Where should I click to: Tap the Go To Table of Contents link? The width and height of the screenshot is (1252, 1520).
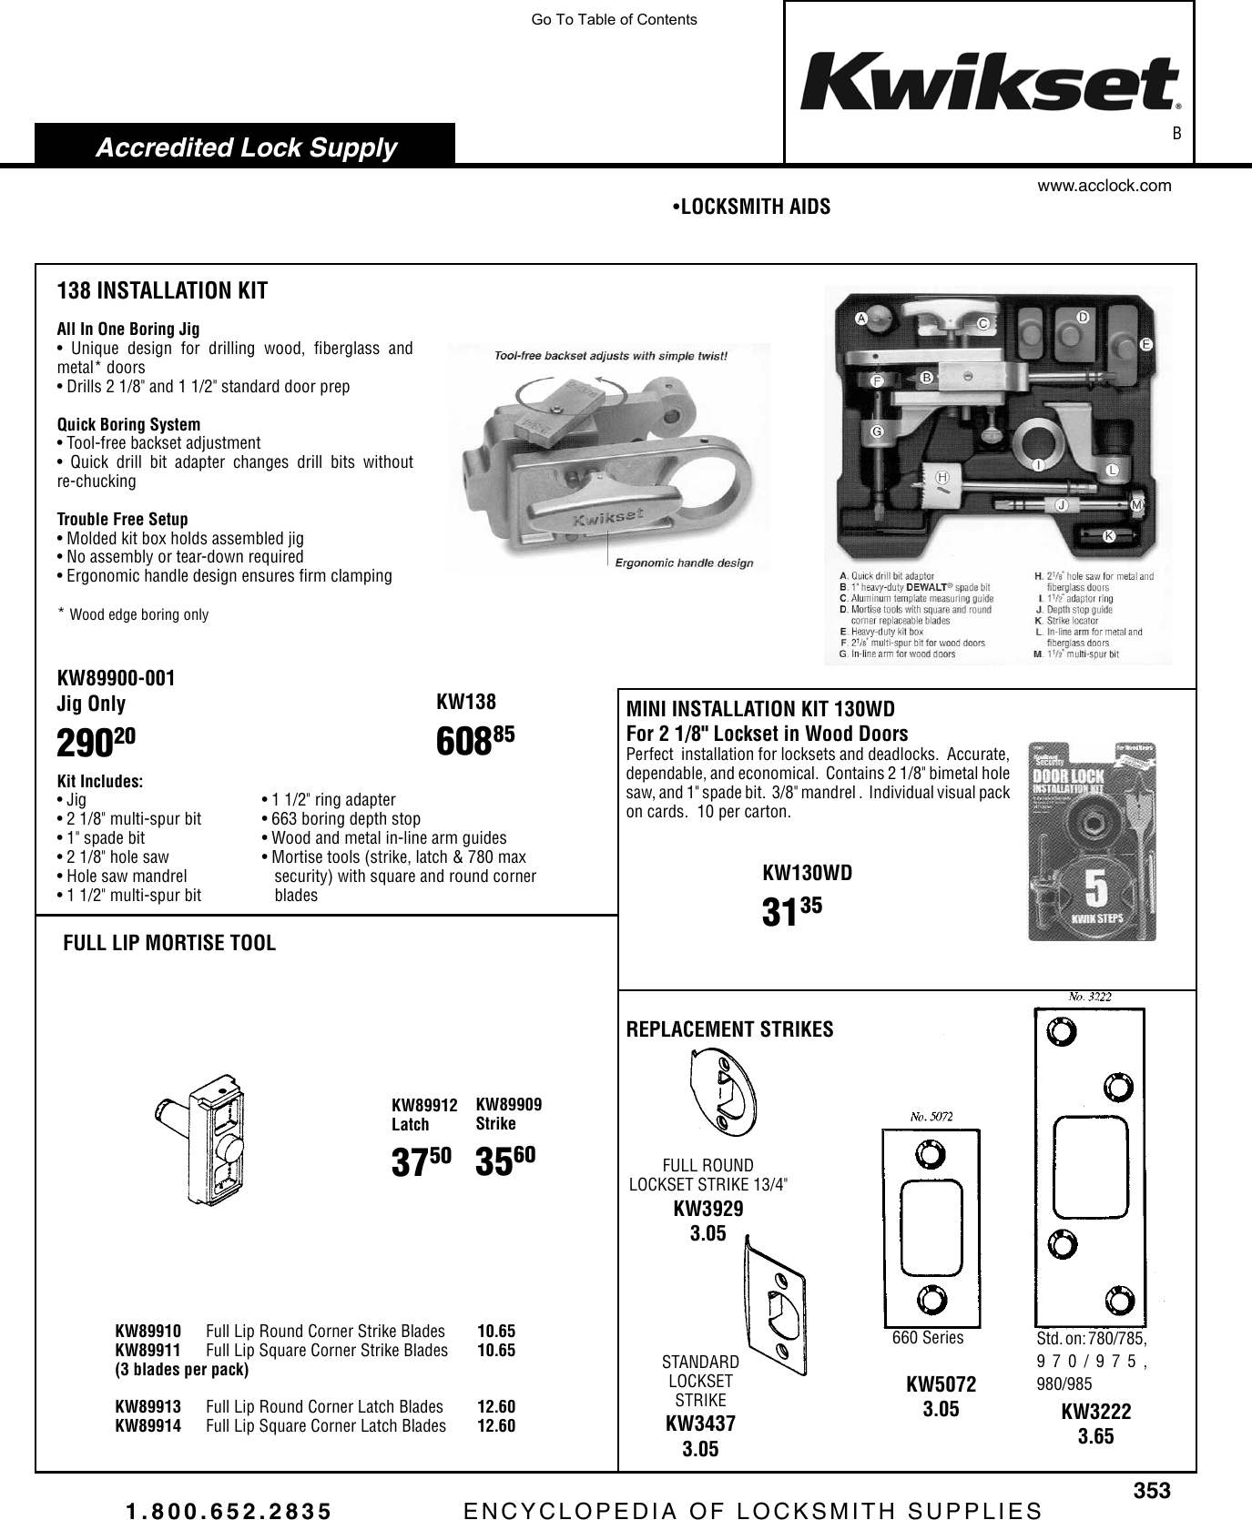point(614,19)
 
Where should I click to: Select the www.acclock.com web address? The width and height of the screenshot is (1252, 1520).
point(1104,186)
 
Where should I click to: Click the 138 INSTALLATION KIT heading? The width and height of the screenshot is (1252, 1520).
point(162,291)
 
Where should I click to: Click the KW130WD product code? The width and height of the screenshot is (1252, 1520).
point(807,873)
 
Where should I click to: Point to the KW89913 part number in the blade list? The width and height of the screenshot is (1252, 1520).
point(148,1407)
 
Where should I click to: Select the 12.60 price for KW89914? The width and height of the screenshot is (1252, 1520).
point(496,1425)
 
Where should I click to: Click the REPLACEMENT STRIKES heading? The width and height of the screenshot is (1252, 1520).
point(729,1029)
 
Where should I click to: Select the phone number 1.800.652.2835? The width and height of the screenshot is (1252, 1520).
point(229,1511)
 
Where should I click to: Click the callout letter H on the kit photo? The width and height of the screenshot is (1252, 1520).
point(942,476)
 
